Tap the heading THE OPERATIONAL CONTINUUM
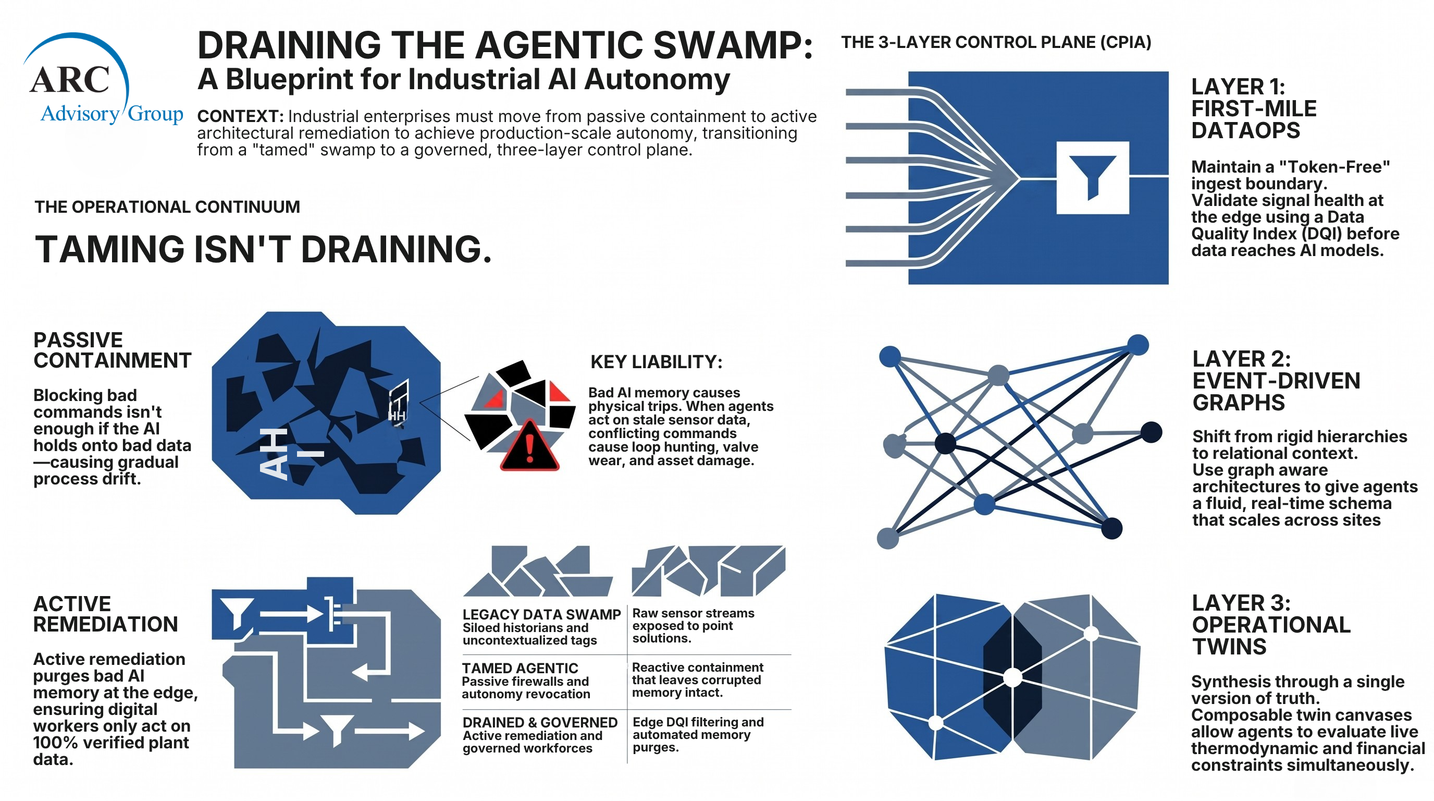[x=167, y=207]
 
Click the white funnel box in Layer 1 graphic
[x=1092, y=178]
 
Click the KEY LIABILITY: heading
[x=657, y=362]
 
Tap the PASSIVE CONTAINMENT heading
[x=112, y=350]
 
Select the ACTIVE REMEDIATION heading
[x=105, y=614]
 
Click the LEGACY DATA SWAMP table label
[x=541, y=614]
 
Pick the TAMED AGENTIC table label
[x=520, y=668]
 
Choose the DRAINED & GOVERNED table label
[x=540, y=722]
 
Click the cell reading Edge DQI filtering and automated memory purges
[x=698, y=735]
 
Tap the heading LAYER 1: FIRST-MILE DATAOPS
[x=1254, y=108]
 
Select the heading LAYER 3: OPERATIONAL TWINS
[x=1271, y=625]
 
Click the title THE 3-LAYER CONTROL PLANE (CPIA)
[x=996, y=42]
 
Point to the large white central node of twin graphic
[x=1012, y=678]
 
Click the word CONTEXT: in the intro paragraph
[x=241, y=116]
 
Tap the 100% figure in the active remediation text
[x=54, y=743]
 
